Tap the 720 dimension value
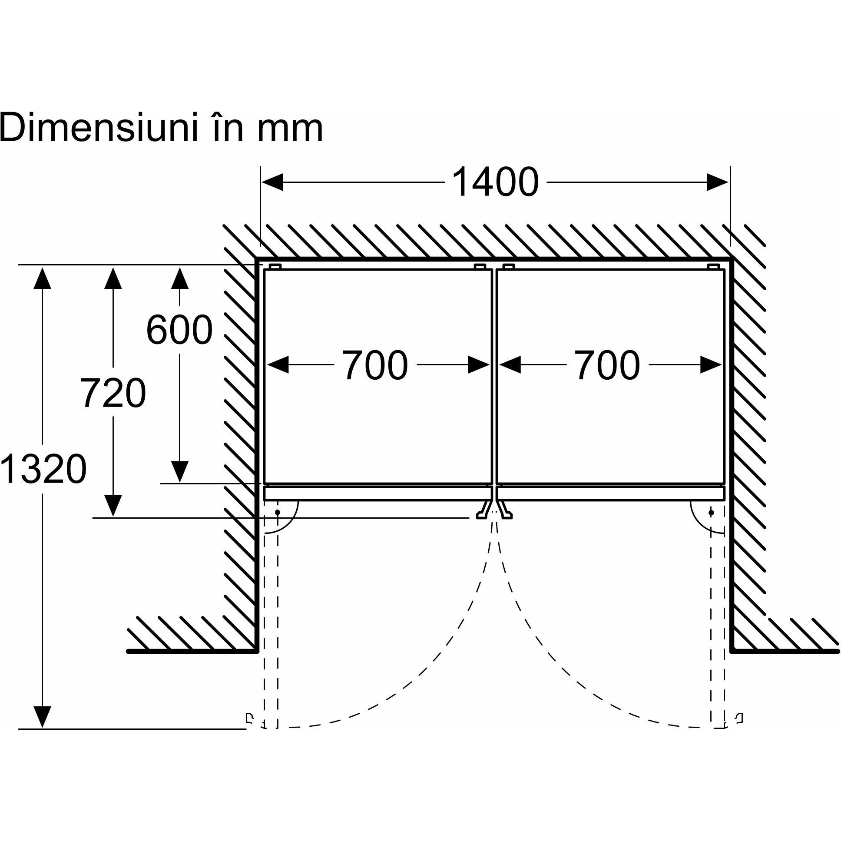(113, 393)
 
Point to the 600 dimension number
(179, 330)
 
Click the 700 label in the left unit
(375, 365)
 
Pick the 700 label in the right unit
(607, 365)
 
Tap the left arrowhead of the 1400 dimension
(272, 182)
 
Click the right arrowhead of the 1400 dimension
(718, 182)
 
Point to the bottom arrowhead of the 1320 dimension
(42, 716)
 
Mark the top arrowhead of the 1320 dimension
(42, 278)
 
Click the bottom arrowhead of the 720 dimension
(113, 506)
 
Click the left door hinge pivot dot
(277, 513)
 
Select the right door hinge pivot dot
(711, 513)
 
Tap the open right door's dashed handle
(739, 718)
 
